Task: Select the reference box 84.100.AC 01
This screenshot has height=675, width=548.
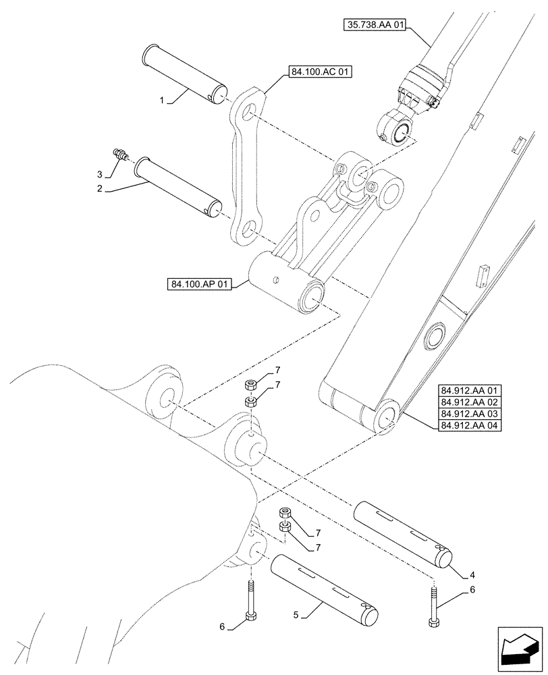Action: click(321, 72)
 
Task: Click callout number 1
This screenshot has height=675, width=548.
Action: click(162, 100)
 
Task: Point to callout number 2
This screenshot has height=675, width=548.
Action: click(99, 188)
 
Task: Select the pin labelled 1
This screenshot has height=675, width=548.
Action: click(184, 74)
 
